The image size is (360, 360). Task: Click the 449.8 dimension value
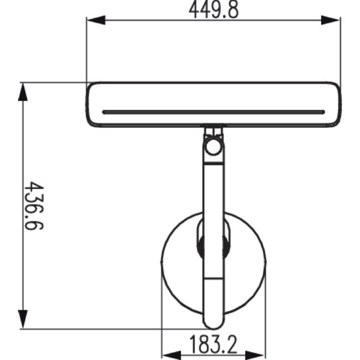(x=214, y=10)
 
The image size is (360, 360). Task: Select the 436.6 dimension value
(x=34, y=205)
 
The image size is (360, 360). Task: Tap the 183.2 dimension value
(x=213, y=344)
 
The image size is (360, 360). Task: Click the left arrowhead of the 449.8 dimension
(x=96, y=20)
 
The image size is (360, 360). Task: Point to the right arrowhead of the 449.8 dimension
(x=330, y=20)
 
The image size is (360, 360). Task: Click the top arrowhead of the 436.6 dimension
(x=23, y=92)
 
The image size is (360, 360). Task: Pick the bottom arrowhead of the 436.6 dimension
(x=23, y=319)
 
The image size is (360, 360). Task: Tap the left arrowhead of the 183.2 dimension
(x=172, y=355)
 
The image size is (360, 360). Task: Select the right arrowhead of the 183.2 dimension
(x=255, y=355)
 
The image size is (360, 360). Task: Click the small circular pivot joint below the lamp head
(x=214, y=147)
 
